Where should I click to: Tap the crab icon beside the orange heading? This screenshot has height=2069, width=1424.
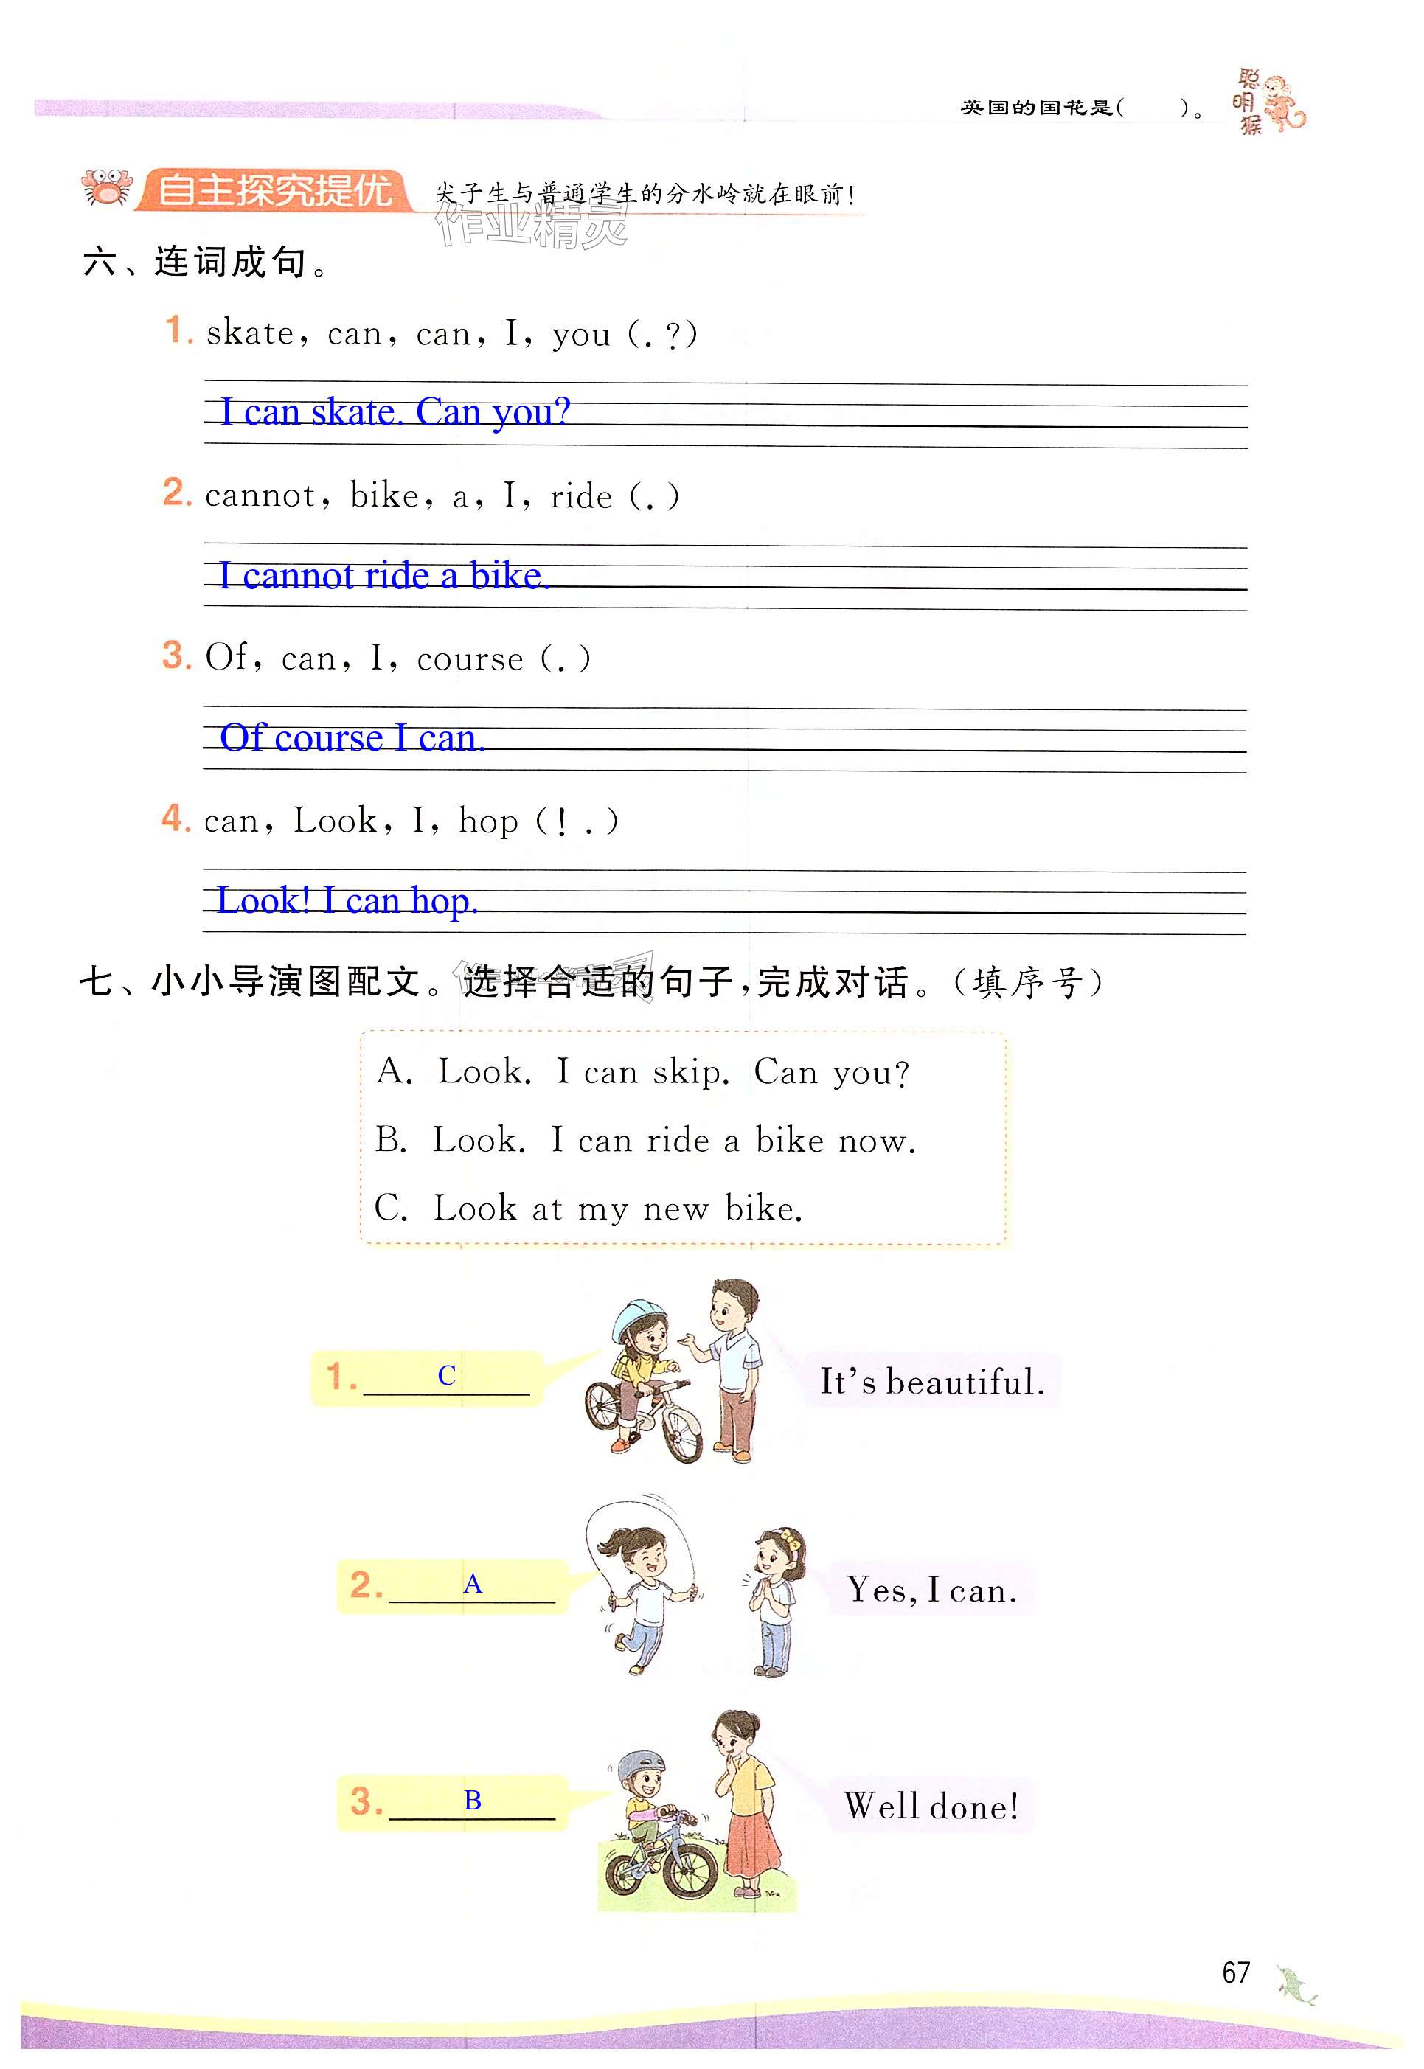pos(106,188)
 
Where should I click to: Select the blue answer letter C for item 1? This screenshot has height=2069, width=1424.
pos(446,1376)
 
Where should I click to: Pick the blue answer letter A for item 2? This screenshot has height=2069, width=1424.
pos(472,1584)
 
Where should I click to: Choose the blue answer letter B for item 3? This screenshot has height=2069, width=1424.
pos(472,1801)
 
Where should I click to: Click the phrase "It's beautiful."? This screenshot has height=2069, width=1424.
pos(931,1382)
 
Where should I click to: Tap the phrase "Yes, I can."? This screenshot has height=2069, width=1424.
pos(931,1589)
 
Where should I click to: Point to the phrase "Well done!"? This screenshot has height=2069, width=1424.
pos(931,1807)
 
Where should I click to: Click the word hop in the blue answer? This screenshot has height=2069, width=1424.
pos(442,902)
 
